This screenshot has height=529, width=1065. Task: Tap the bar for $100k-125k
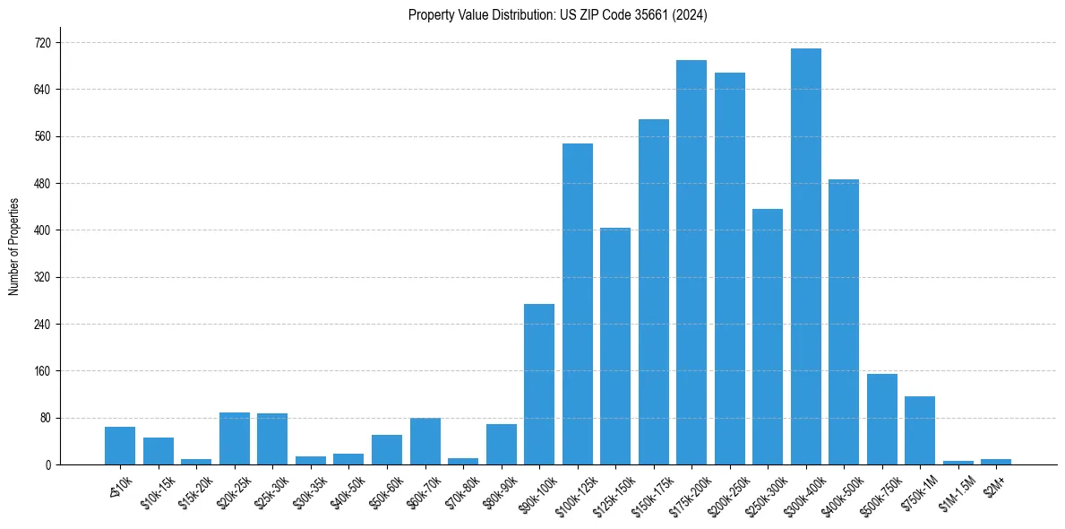click(x=577, y=304)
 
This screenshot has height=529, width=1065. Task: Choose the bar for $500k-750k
click(x=881, y=419)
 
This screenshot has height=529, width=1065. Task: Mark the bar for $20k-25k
click(x=235, y=438)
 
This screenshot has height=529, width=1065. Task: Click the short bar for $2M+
click(x=996, y=462)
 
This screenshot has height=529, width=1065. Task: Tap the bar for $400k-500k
click(x=844, y=322)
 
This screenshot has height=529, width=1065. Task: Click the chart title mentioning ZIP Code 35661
click(x=557, y=15)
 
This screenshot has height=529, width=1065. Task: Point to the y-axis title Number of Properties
click(x=13, y=247)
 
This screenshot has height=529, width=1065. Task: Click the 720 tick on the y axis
click(x=42, y=43)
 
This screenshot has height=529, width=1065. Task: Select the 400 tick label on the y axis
click(x=42, y=230)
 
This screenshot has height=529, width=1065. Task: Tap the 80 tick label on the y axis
click(x=45, y=418)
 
